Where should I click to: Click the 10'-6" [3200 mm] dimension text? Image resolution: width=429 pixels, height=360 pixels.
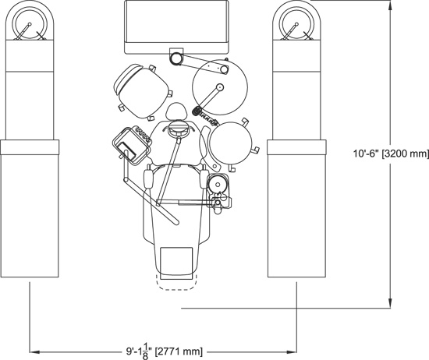point(392,154)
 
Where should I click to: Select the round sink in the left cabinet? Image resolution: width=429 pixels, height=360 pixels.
point(30,24)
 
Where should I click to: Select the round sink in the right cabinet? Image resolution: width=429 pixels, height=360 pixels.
point(296,24)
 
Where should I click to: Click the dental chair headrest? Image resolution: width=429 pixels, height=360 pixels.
point(177,111)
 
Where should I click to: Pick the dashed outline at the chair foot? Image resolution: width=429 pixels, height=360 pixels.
point(176,282)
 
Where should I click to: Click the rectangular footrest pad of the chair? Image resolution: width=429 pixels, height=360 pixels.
point(176,263)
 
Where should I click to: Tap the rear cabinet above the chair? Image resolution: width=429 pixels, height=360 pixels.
point(176,26)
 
